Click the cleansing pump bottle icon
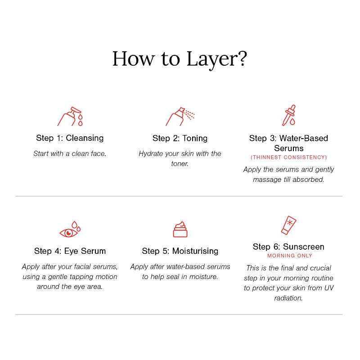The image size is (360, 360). [70, 117]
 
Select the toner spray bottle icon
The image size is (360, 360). [180, 117]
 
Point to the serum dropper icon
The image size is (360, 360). [289, 116]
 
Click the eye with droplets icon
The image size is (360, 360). [70, 229]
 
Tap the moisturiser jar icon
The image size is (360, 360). [180, 229]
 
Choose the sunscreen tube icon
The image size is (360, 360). [289, 225]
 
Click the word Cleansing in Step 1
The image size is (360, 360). [85, 138]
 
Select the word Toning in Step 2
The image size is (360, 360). [195, 139]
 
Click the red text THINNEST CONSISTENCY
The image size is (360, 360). [289, 157]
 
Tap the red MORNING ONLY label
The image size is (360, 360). [289, 256]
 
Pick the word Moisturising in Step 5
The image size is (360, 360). [195, 251]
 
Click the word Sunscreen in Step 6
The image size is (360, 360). [303, 247]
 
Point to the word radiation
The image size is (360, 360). [288, 298]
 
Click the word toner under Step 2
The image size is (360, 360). [180, 164]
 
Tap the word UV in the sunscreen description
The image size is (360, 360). [329, 288]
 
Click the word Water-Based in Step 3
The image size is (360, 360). [303, 138]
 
